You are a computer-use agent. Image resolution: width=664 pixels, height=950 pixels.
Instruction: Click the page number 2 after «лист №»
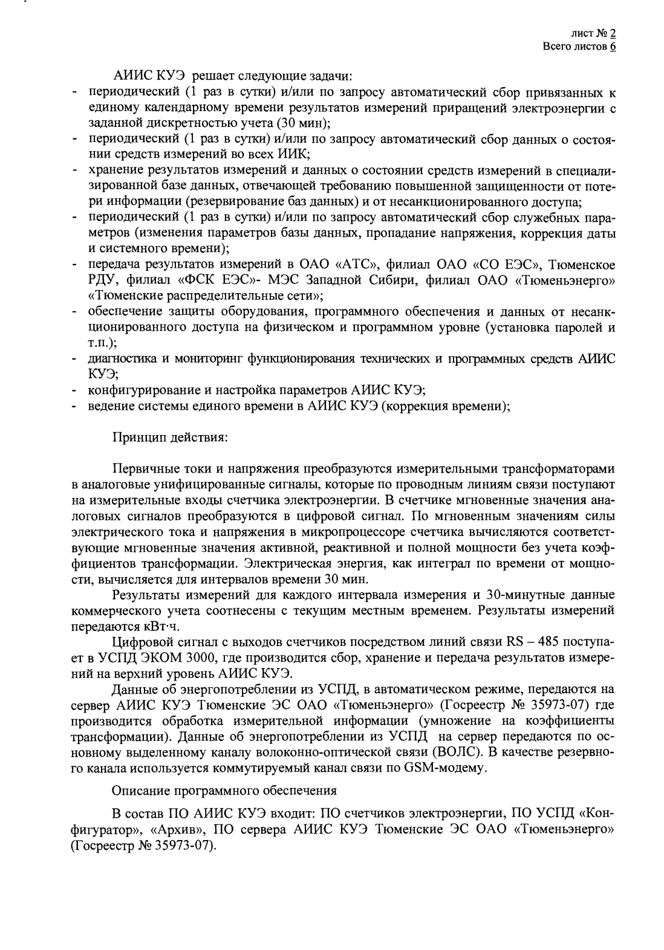(x=612, y=34)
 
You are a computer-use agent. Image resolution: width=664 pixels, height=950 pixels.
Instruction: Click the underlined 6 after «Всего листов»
(x=612, y=47)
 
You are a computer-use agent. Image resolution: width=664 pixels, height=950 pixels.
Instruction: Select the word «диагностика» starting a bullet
(x=123, y=359)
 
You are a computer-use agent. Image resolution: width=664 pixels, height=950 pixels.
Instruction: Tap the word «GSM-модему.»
(x=441, y=768)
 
